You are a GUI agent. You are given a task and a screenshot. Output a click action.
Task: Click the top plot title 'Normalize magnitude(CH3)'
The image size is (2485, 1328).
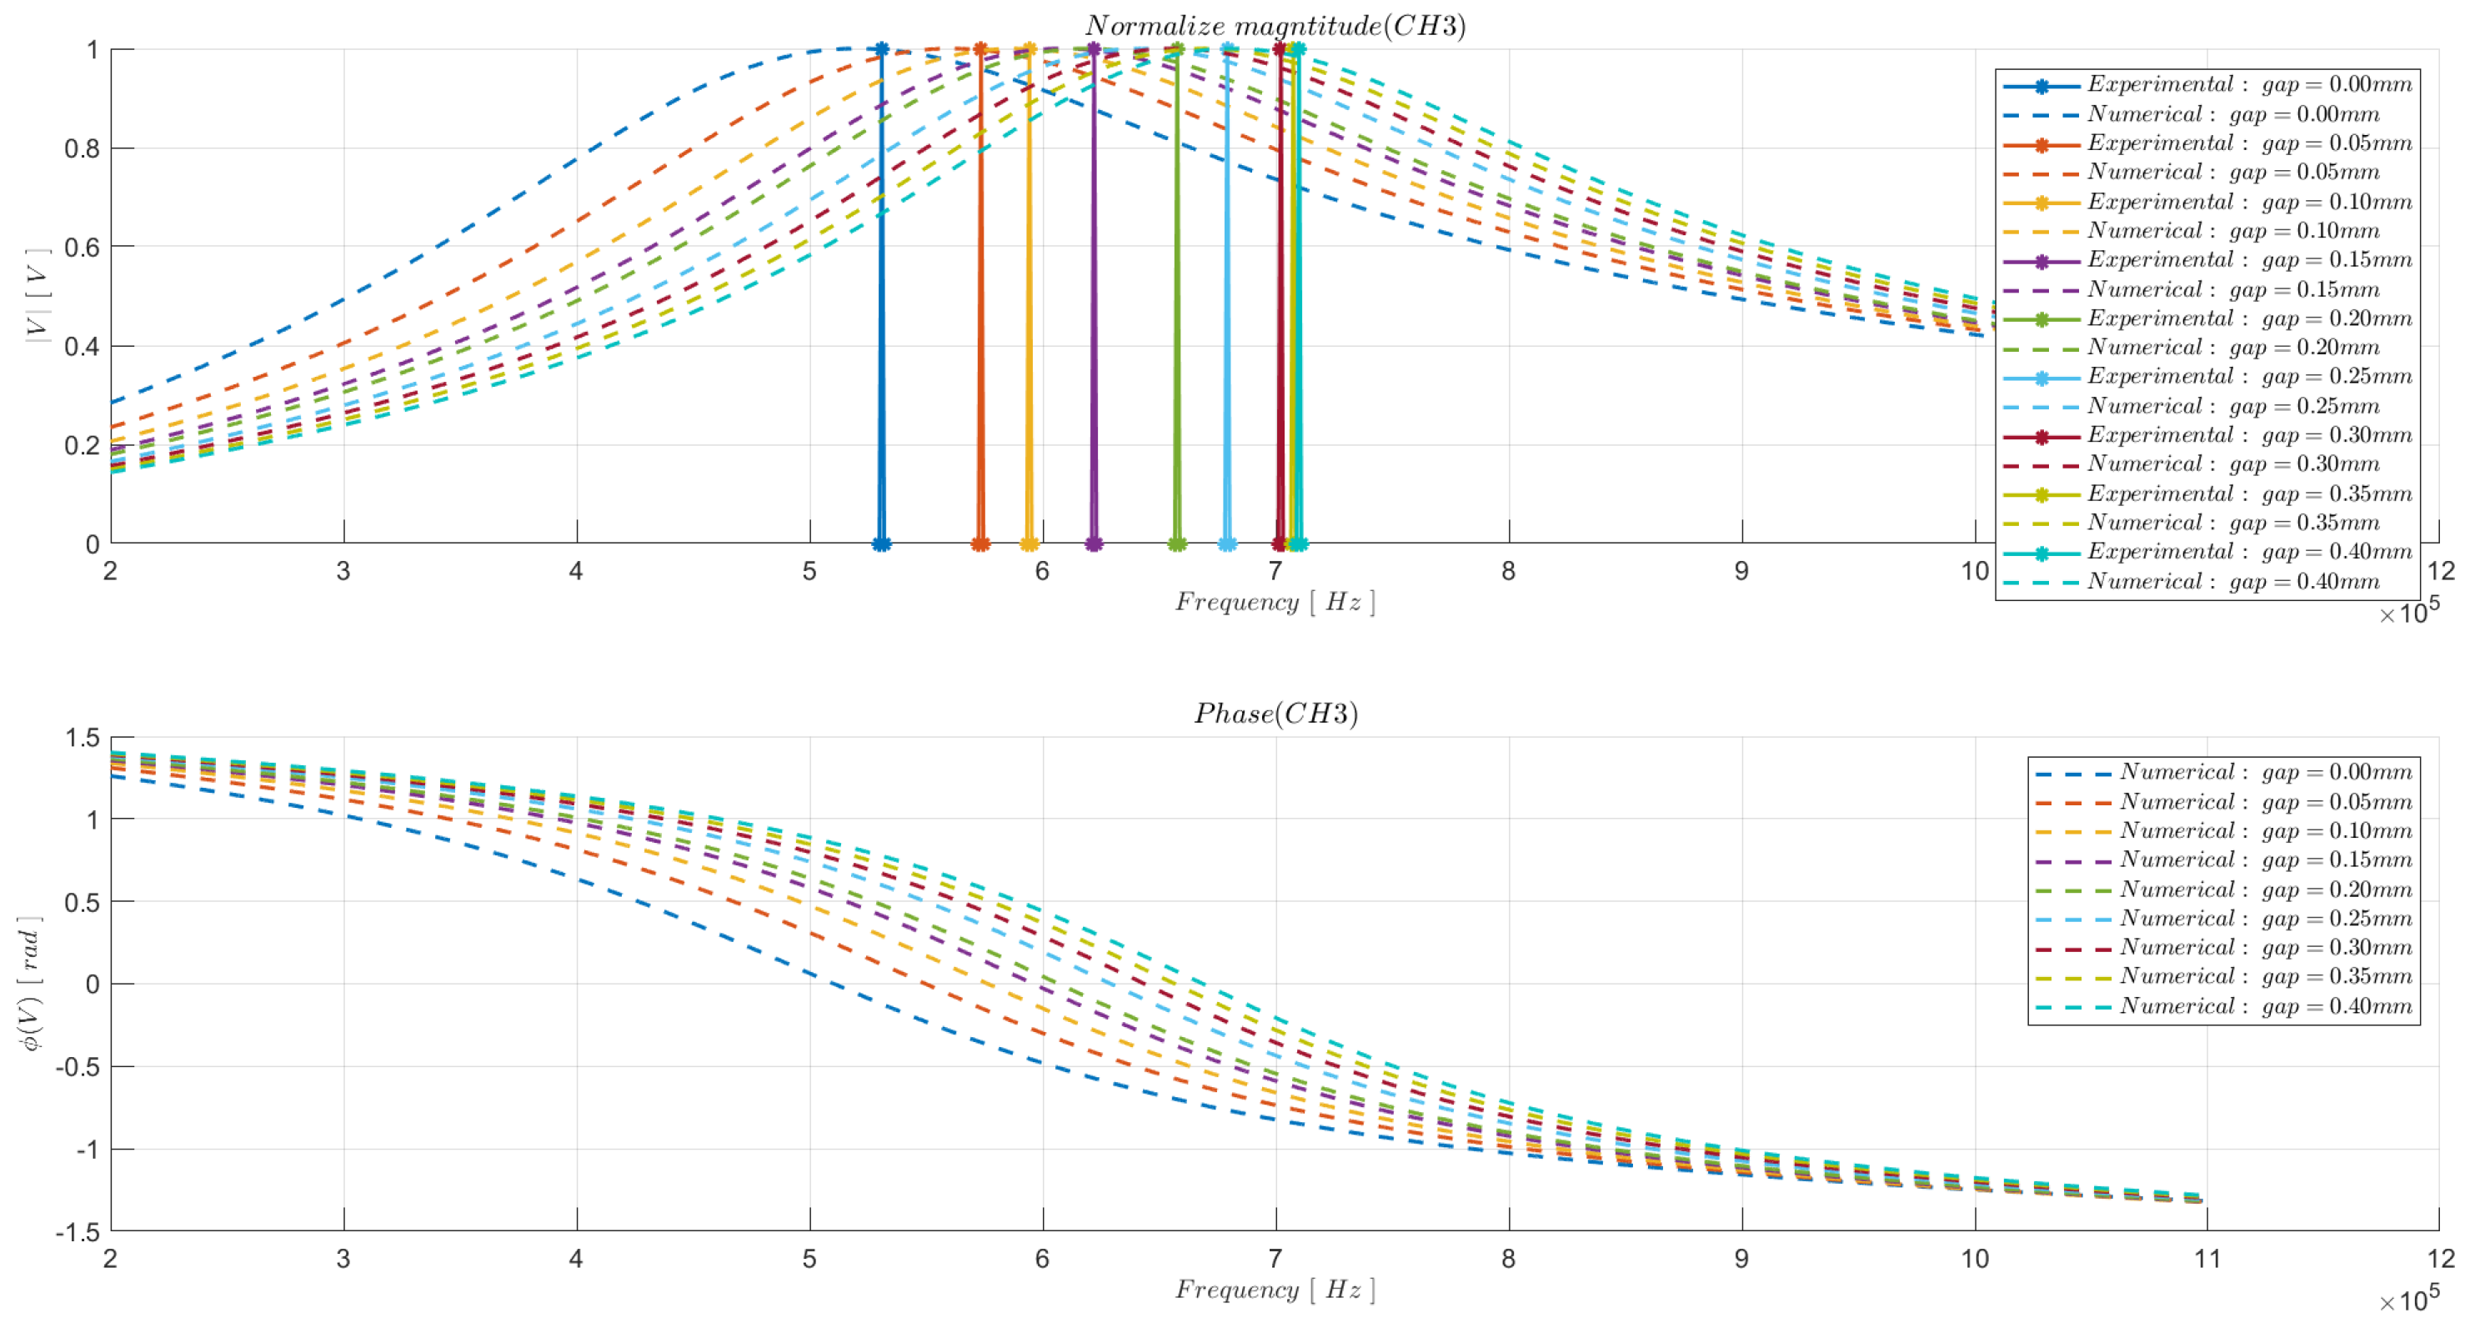click(1275, 26)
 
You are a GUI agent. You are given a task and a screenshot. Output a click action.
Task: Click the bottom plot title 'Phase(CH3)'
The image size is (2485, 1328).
click(1275, 714)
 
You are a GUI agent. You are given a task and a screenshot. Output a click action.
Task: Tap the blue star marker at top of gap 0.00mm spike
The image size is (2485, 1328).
click(881, 49)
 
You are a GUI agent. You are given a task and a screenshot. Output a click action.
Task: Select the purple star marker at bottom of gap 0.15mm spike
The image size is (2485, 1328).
click(1094, 544)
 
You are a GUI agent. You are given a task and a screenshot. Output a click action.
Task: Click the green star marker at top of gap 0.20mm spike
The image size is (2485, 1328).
click(1177, 49)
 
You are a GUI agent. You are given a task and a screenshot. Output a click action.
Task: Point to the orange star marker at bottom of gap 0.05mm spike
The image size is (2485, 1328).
click(980, 544)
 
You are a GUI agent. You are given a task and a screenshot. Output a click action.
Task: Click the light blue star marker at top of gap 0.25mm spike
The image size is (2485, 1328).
click(1227, 49)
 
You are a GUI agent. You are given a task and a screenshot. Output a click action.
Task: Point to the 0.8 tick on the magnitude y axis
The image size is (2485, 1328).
click(82, 148)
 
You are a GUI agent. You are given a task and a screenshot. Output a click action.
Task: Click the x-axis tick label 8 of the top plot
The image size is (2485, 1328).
click(1509, 571)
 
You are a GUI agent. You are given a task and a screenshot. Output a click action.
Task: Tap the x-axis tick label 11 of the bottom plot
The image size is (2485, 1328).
click(2207, 1259)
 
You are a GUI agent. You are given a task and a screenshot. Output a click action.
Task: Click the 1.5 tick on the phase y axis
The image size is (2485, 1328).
click(82, 738)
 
